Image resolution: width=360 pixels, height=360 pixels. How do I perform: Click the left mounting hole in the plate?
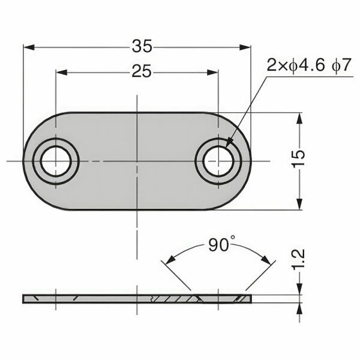[x=56, y=161]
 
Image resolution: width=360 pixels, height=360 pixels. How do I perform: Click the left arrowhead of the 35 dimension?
[x=27, y=46]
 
